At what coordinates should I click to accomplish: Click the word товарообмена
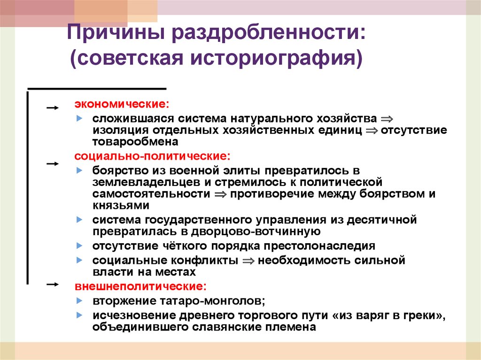click(x=135, y=142)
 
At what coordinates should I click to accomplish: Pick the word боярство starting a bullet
click(x=116, y=170)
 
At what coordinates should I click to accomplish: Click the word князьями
click(x=121, y=206)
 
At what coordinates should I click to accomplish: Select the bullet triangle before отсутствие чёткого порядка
click(x=80, y=245)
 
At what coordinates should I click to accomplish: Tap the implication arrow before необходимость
click(x=249, y=260)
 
